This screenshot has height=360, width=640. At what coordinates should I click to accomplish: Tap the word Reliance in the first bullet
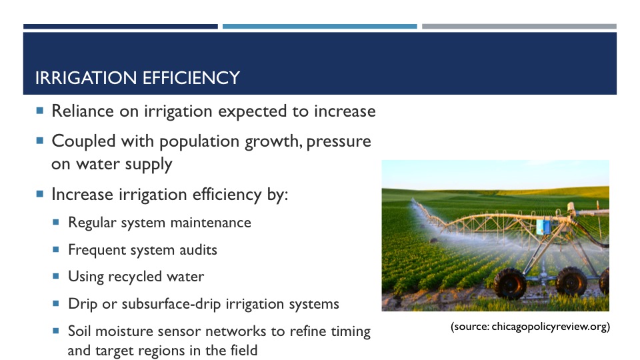[x=83, y=111]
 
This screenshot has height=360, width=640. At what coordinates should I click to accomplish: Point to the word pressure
[x=339, y=142]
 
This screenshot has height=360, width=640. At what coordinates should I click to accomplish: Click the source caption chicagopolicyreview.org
[x=550, y=327]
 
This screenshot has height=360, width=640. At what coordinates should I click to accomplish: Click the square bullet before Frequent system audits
[x=56, y=249]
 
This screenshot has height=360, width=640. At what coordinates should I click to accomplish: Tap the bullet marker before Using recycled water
[x=56, y=276]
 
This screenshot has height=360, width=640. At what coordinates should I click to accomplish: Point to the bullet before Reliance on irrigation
[x=39, y=110]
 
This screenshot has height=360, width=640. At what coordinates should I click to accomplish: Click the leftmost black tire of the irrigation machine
[x=510, y=283]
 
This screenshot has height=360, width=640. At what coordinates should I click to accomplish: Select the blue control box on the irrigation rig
[x=543, y=227]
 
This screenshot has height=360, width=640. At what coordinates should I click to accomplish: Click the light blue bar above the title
[x=319, y=27]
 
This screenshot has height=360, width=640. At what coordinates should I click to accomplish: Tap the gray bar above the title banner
[x=519, y=27]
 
